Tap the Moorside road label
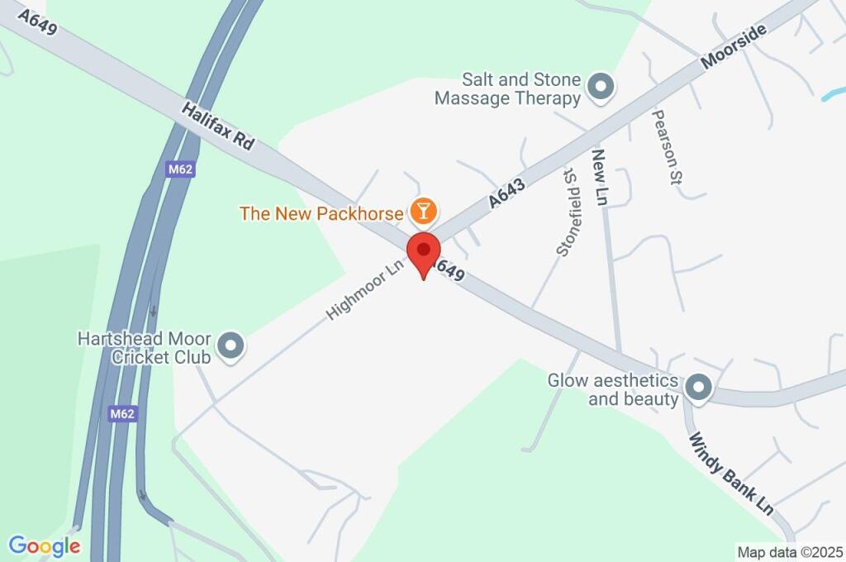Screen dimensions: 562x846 (x=734, y=46)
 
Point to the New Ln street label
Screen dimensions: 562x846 (x=601, y=178)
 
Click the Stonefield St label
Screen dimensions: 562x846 (x=567, y=212)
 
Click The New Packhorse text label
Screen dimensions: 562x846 (x=321, y=213)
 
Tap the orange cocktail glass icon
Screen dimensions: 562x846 (x=423, y=212)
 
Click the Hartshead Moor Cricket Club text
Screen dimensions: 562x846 (x=145, y=348)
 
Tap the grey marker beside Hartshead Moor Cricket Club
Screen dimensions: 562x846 (x=231, y=347)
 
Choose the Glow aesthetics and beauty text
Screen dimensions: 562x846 (x=613, y=390)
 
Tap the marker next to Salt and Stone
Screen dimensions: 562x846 (x=601, y=86)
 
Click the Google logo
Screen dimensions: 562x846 (x=45, y=545)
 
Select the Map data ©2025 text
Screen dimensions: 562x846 (x=790, y=551)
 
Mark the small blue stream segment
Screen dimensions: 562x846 (x=834, y=93)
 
